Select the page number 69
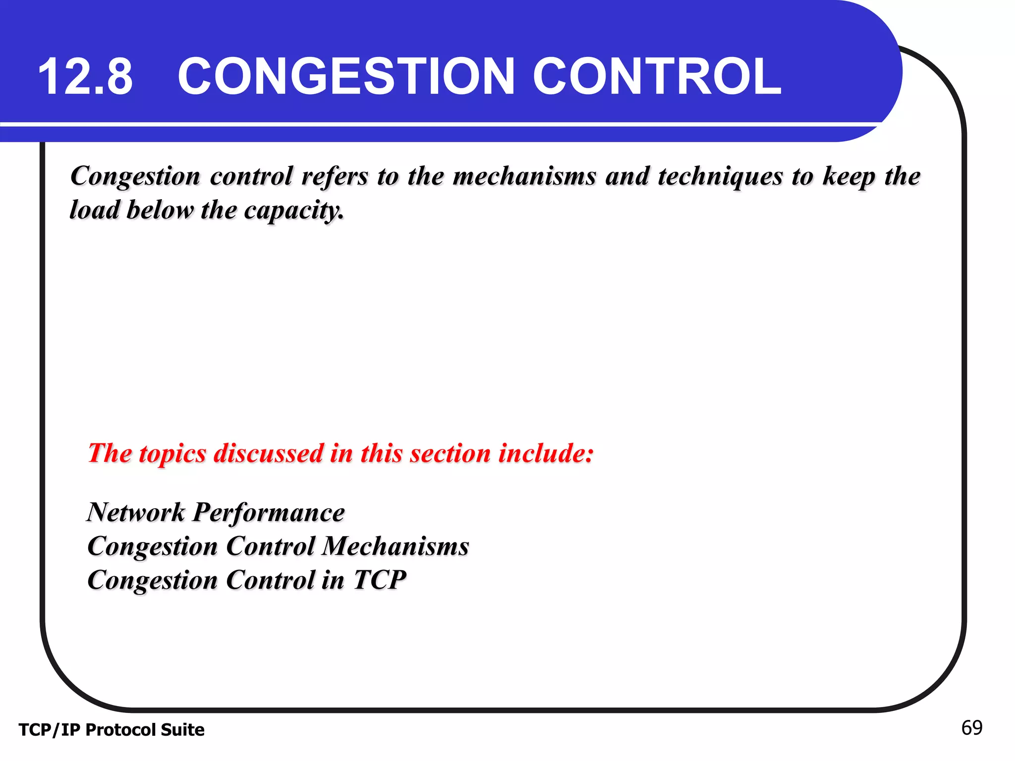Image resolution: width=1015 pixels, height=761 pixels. click(x=971, y=728)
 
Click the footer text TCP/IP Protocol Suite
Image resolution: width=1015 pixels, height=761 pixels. click(x=112, y=730)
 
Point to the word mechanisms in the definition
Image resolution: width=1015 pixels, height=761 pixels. click(x=524, y=176)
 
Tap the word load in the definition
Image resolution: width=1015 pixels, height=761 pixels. click(x=94, y=210)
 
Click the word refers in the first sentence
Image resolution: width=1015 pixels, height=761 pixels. click(x=335, y=176)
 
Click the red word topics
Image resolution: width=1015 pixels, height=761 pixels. click(x=172, y=454)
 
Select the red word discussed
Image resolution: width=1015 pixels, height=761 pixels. click(x=268, y=453)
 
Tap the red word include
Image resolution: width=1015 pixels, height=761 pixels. click(x=546, y=453)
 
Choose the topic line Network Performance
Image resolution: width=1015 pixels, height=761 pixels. click(x=216, y=512)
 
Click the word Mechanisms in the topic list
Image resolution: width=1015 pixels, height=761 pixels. click(x=395, y=546)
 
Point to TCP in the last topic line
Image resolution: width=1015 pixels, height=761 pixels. click(x=380, y=580)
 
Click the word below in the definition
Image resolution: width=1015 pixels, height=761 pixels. click(x=160, y=210)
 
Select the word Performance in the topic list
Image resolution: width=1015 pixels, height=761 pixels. click(x=268, y=512)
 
